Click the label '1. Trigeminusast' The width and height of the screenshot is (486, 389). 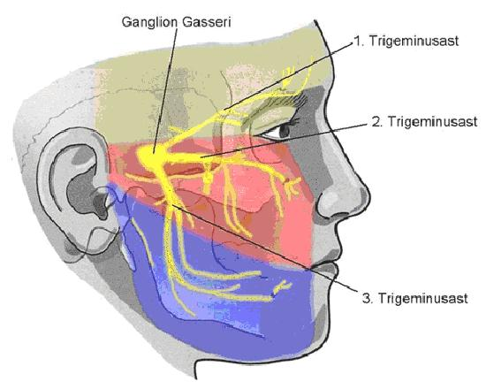coord(406,41)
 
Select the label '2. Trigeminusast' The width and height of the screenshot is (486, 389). coord(424,122)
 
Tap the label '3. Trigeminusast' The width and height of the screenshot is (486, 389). coord(414,298)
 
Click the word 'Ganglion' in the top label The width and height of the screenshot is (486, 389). coord(149,23)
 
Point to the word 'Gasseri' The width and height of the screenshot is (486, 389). coord(206,22)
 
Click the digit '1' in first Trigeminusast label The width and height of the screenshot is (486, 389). coord(357,42)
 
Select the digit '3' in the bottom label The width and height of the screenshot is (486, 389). coord(367,299)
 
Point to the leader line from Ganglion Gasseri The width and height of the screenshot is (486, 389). coord(165,90)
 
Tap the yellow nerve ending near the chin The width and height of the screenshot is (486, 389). coord(281,288)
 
